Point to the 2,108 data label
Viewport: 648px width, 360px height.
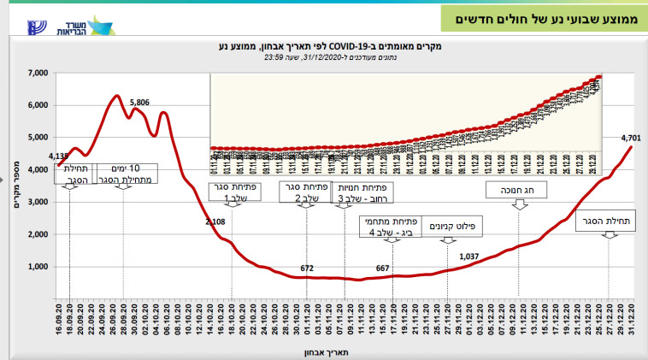pos(215,221)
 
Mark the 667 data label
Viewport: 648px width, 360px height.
pos(383,269)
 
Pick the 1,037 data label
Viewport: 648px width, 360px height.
pos(469,257)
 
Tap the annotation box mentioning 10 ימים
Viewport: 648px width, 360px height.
pos(121,174)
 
